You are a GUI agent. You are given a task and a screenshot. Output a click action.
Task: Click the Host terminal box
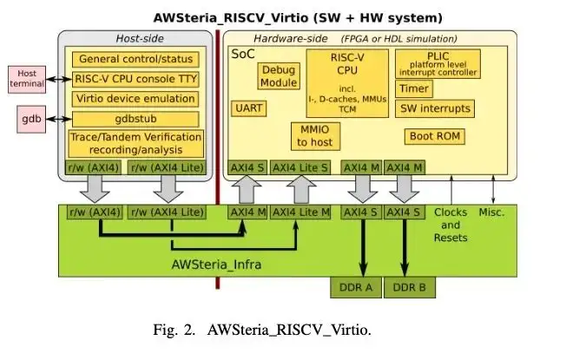[x=27, y=80]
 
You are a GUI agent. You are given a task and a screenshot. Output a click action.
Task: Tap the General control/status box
[x=135, y=59]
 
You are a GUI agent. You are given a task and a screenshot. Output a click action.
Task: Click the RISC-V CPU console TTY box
[x=135, y=79]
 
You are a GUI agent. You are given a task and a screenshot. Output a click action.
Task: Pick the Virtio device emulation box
[x=135, y=99]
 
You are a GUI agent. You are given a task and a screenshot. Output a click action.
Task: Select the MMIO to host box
[x=315, y=134]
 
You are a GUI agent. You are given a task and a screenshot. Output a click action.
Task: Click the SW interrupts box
[x=435, y=108]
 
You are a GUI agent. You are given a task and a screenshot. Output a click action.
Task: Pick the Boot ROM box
[x=434, y=136]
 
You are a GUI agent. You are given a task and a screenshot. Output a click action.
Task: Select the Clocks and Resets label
[x=451, y=225]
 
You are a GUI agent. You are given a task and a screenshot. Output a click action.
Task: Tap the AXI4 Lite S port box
[x=299, y=167]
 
